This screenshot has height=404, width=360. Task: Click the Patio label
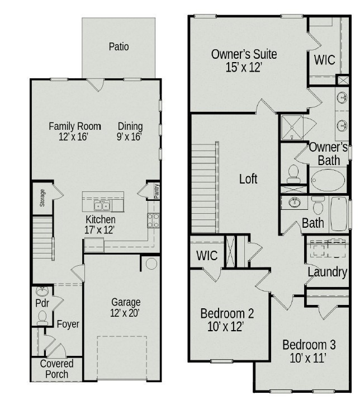pyautogui.click(x=119, y=46)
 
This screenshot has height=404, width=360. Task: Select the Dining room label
pyautogui.click(x=130, y=126)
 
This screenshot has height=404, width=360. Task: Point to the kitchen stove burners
pyautogui.click(x=153, y=219)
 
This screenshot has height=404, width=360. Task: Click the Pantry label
pyautogui.click(x=157, y=191)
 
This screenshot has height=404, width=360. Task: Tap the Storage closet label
pyautogui.click(x=42, y=199)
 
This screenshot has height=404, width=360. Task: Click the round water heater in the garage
pyautogui.click(x=151, y=264)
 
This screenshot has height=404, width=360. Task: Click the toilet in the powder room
pyautogui.click(x=42, y=317)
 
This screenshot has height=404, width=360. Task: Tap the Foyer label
pyautogui.click(x=68, y=324)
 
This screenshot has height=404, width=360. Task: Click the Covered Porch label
pyautogui.click(x=56, y=369)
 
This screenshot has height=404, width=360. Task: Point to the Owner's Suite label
pyautogui.click(x=244, y=54)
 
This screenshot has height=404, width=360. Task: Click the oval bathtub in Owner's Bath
pyautogui.click(x=329, y=181)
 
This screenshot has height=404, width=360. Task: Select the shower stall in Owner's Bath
pyautogui.click(x=291, y=126)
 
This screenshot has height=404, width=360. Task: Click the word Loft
pyautogui.click(x=248, y=179)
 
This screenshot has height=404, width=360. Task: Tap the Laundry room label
pyautogui.click(x=327, y=272)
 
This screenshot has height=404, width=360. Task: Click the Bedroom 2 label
pyautogui.click(x=227, y=313)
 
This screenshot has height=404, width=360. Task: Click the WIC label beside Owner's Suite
pyautogui.click(x=324, y=60)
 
